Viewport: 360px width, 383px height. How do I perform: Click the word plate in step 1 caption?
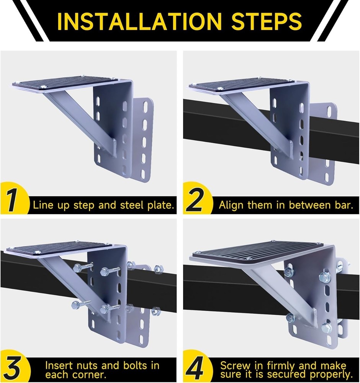(159, 205)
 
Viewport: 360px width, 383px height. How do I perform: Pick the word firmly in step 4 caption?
(283, 365)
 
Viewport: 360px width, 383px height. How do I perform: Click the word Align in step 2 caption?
(231, 205)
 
